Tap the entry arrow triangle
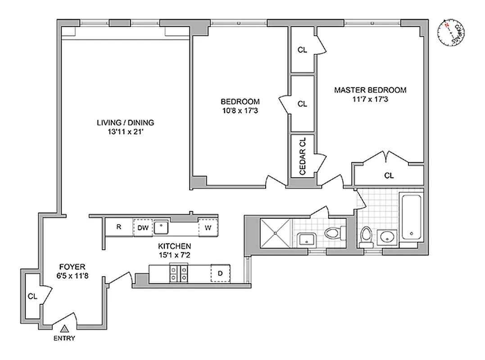65,329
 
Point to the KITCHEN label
174,246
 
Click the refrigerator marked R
119,227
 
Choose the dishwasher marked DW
143,228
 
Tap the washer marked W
208,228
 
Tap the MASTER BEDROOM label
370,90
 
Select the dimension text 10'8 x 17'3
240,110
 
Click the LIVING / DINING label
126,122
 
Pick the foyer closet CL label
32,296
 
